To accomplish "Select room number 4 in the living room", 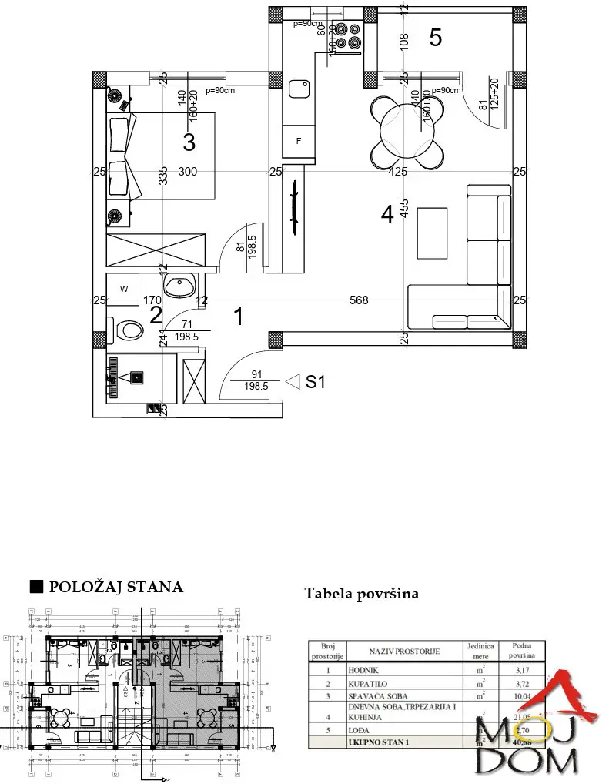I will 387,214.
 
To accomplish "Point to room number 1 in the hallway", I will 239,315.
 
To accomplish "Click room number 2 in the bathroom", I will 156,314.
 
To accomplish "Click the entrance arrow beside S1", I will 292,381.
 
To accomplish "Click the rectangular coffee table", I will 431,233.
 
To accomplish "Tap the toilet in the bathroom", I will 127,330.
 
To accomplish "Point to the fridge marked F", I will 298,142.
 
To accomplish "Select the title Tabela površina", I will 361,594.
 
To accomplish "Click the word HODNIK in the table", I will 363,671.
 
